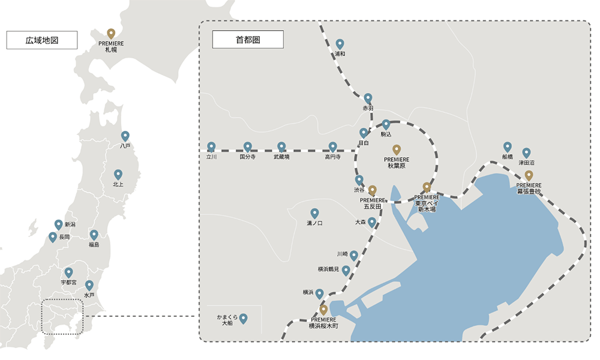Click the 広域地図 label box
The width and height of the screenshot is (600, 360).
click(x=42, y=40)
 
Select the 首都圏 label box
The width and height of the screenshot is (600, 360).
click(x=248, y=40)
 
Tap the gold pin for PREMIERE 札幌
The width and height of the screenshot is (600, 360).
click(x=111, y=34)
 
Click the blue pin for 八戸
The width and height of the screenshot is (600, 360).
click(x=125, y=136)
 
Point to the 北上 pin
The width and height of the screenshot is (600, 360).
click(x=118, y=175)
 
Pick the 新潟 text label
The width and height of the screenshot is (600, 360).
click(x=70, y=224)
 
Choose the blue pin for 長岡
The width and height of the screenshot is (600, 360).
click(x=53, y=237)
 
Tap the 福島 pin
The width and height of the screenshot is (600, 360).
click(x=94, y=235)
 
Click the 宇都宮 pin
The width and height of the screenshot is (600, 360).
click(x=68, y=272)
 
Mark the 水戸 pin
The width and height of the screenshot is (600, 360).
click(x=89, y=285)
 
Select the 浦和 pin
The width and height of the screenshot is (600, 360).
click(x=340, y=44)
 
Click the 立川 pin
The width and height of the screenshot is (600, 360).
click(x=211, y=146)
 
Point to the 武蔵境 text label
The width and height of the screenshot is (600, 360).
click(x=281, y=157)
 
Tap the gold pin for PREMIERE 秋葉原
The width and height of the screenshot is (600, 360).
click(x=396, y=149)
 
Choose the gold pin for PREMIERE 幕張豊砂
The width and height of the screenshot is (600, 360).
click(x=529, y=175)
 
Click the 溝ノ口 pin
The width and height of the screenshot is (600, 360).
click(x=314, y=213)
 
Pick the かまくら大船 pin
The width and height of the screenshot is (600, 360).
click(x=243, y=318)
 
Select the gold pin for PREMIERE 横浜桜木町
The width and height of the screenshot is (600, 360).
click(x=323, y=310)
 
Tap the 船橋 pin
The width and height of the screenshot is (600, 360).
click(x=508, y=146)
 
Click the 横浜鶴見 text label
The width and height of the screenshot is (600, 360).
click(x=329, y=269)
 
